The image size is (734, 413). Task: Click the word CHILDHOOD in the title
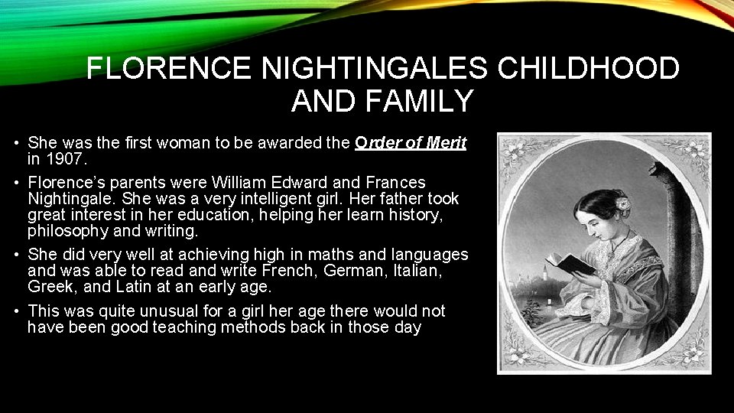pyautogui.click(x=588, y=69)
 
